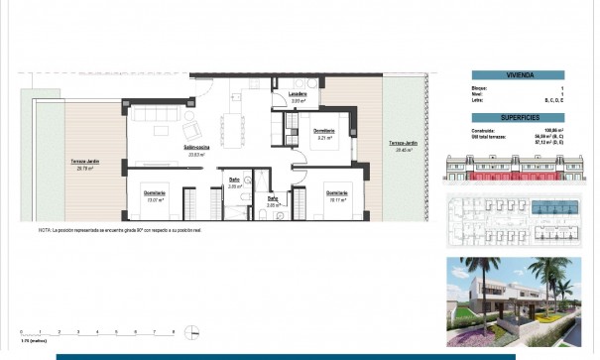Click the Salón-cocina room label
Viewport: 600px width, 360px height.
[x=193, y=149]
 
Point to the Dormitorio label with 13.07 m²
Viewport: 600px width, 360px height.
[x=155, y=194]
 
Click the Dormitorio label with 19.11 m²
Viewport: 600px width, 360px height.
[x=336, y=194]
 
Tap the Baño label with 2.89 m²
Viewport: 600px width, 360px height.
[x=235, y=181]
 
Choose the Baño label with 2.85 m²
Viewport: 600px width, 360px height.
[x=273, y=201]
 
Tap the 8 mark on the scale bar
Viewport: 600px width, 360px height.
[x=175, y=331]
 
